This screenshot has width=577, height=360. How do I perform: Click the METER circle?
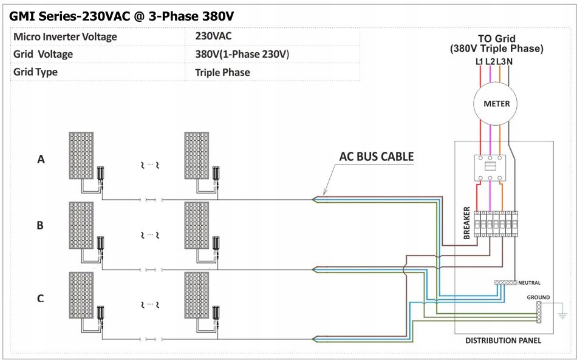[496, 104]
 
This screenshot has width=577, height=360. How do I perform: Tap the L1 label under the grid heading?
[479, 62]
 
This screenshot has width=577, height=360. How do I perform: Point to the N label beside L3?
[510, 62]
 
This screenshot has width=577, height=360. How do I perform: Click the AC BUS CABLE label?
[376, 157]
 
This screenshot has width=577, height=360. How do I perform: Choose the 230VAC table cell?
[213, 36]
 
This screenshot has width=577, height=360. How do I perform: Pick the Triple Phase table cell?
[222, 72]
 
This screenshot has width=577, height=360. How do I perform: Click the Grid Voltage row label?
[43, 54]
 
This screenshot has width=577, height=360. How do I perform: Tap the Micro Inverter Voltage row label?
[65, 36]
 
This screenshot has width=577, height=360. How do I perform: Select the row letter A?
[41, 160]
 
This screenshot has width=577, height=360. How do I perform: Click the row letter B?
[40, 225]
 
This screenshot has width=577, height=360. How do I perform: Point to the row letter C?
[40, 298]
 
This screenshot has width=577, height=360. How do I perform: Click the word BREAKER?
[466, 224]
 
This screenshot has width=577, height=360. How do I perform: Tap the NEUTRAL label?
[529, 283]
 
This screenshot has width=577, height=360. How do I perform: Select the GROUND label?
[538, 297]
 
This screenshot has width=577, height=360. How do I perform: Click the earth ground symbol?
[562, 315]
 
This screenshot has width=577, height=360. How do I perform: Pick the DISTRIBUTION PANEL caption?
[503, 341]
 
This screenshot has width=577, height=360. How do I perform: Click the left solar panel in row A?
[81, 155]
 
